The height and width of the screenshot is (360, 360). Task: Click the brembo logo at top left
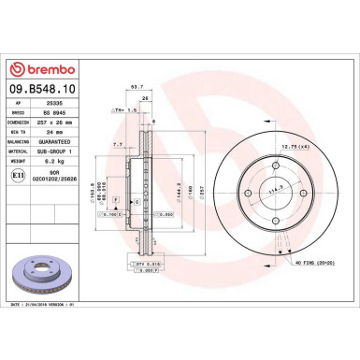(37, 70)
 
